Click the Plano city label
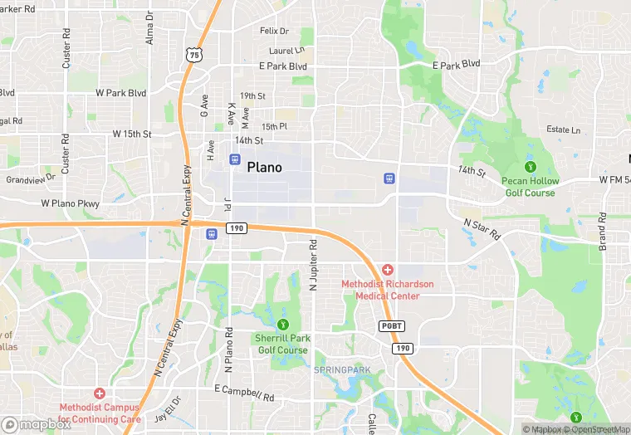[264, 167]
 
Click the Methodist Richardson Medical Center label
[387, 289]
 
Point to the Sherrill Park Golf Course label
[281, 345]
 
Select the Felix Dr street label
[274, 31]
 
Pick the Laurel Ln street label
[287, 50]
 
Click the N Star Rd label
[483, 229]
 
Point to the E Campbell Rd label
[244, 392]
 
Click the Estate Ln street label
[563, 130]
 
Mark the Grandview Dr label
[31, 178]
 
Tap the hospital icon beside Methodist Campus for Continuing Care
[100, 393]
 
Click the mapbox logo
[35, 423]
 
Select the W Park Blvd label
[120, 93]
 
